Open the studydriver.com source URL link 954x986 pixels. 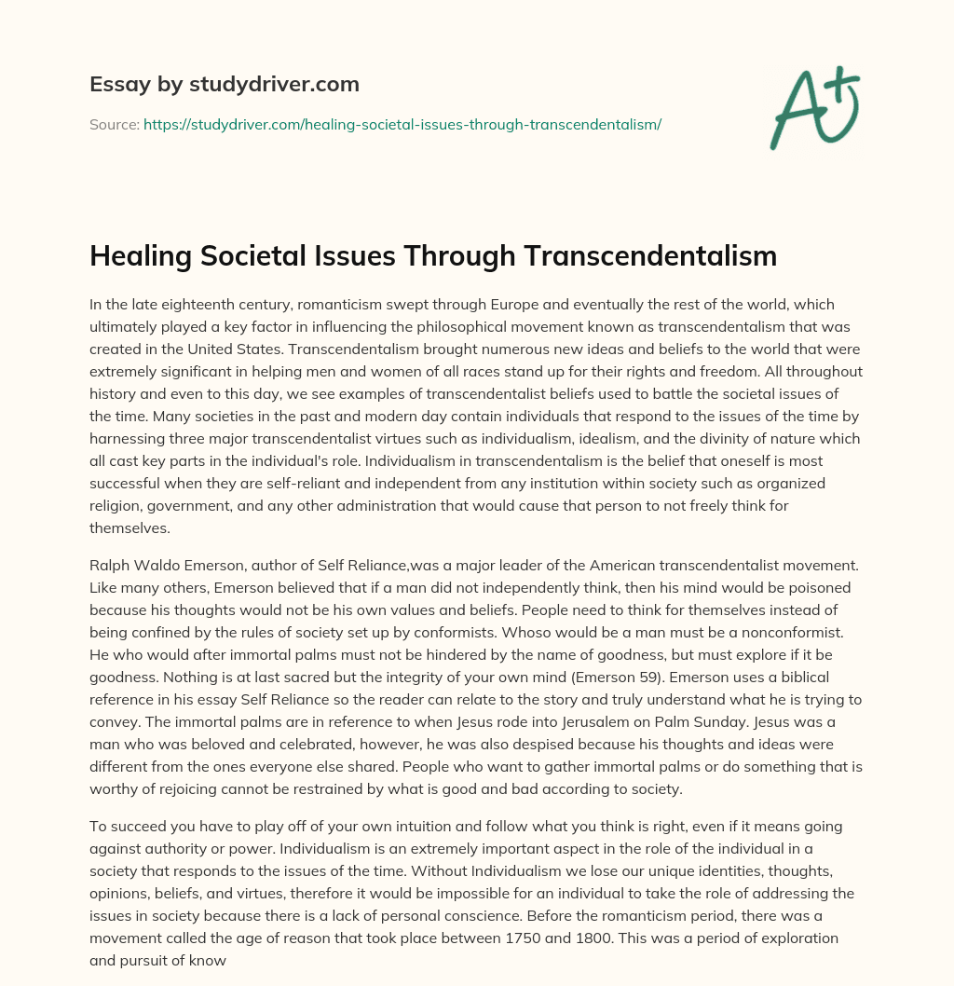tap(402, 124)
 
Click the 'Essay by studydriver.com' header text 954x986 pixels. tap(224, 84)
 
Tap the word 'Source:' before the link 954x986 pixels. tap(115, 124)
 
